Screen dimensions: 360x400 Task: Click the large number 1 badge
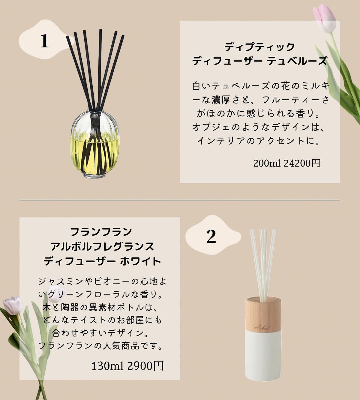pyautogui.click(x=44, y=41)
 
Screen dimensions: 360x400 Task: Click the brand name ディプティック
pyautogui.click(x=259, y=47)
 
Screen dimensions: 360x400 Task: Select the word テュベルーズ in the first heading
pyautogui.click(x=297, y=61)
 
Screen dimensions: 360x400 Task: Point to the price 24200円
pyautogui.click(x=302, y=163)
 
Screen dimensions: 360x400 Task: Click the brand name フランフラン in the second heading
pyautogui.click(x=101, y=232)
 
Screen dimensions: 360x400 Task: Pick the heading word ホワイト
pyautogui.click(x=141, y=261)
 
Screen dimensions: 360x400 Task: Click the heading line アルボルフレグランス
pyautogui.click(x=103, y=247)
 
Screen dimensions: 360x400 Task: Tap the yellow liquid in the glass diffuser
pyautogui.click(x=95, y=155)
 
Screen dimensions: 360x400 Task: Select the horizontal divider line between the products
pyautogui.click(x=179, y=200)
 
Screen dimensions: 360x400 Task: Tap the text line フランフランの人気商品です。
pyautogui.click(x=100, y=346)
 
